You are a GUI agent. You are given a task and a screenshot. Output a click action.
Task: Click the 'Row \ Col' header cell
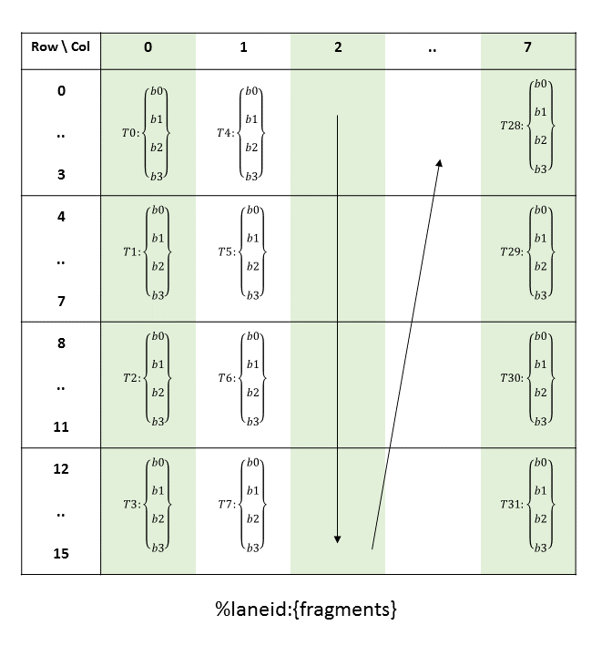click(x=61, y=47)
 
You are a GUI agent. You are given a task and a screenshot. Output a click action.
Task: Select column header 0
click(x=148, y=47)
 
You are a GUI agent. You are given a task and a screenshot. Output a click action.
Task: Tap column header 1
click(x=243, y=47)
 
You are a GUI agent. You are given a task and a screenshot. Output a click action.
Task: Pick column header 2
click(x=338, y=47)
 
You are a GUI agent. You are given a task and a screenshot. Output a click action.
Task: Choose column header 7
click(x=528, y=47)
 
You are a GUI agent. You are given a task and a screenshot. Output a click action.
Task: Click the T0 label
click(x=129, y=133)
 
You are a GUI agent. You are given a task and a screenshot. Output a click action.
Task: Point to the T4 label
click(x=225, y=133)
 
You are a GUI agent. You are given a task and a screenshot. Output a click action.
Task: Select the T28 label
click(x=512, y=125)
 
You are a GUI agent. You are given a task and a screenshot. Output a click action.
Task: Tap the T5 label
click(x=225, y=252)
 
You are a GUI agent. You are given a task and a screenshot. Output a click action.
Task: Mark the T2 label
click(x=130, y=378)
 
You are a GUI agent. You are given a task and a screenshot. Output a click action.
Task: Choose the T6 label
click(x=225, y=378)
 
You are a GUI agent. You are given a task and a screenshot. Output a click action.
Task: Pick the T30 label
click(x=512, y=377)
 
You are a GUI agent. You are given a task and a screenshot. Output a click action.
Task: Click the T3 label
click(x=130, y=504)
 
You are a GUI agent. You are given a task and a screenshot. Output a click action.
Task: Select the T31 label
click(x=512, y=504)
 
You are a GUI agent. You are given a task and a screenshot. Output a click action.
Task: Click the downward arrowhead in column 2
click(x=337, y=539)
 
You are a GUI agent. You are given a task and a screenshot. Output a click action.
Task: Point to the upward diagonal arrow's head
click(x=439, y=163)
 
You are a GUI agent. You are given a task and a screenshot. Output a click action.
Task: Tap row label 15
click(x=61, y=554)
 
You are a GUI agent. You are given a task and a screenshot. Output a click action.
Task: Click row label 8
click(x=61, y=344)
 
